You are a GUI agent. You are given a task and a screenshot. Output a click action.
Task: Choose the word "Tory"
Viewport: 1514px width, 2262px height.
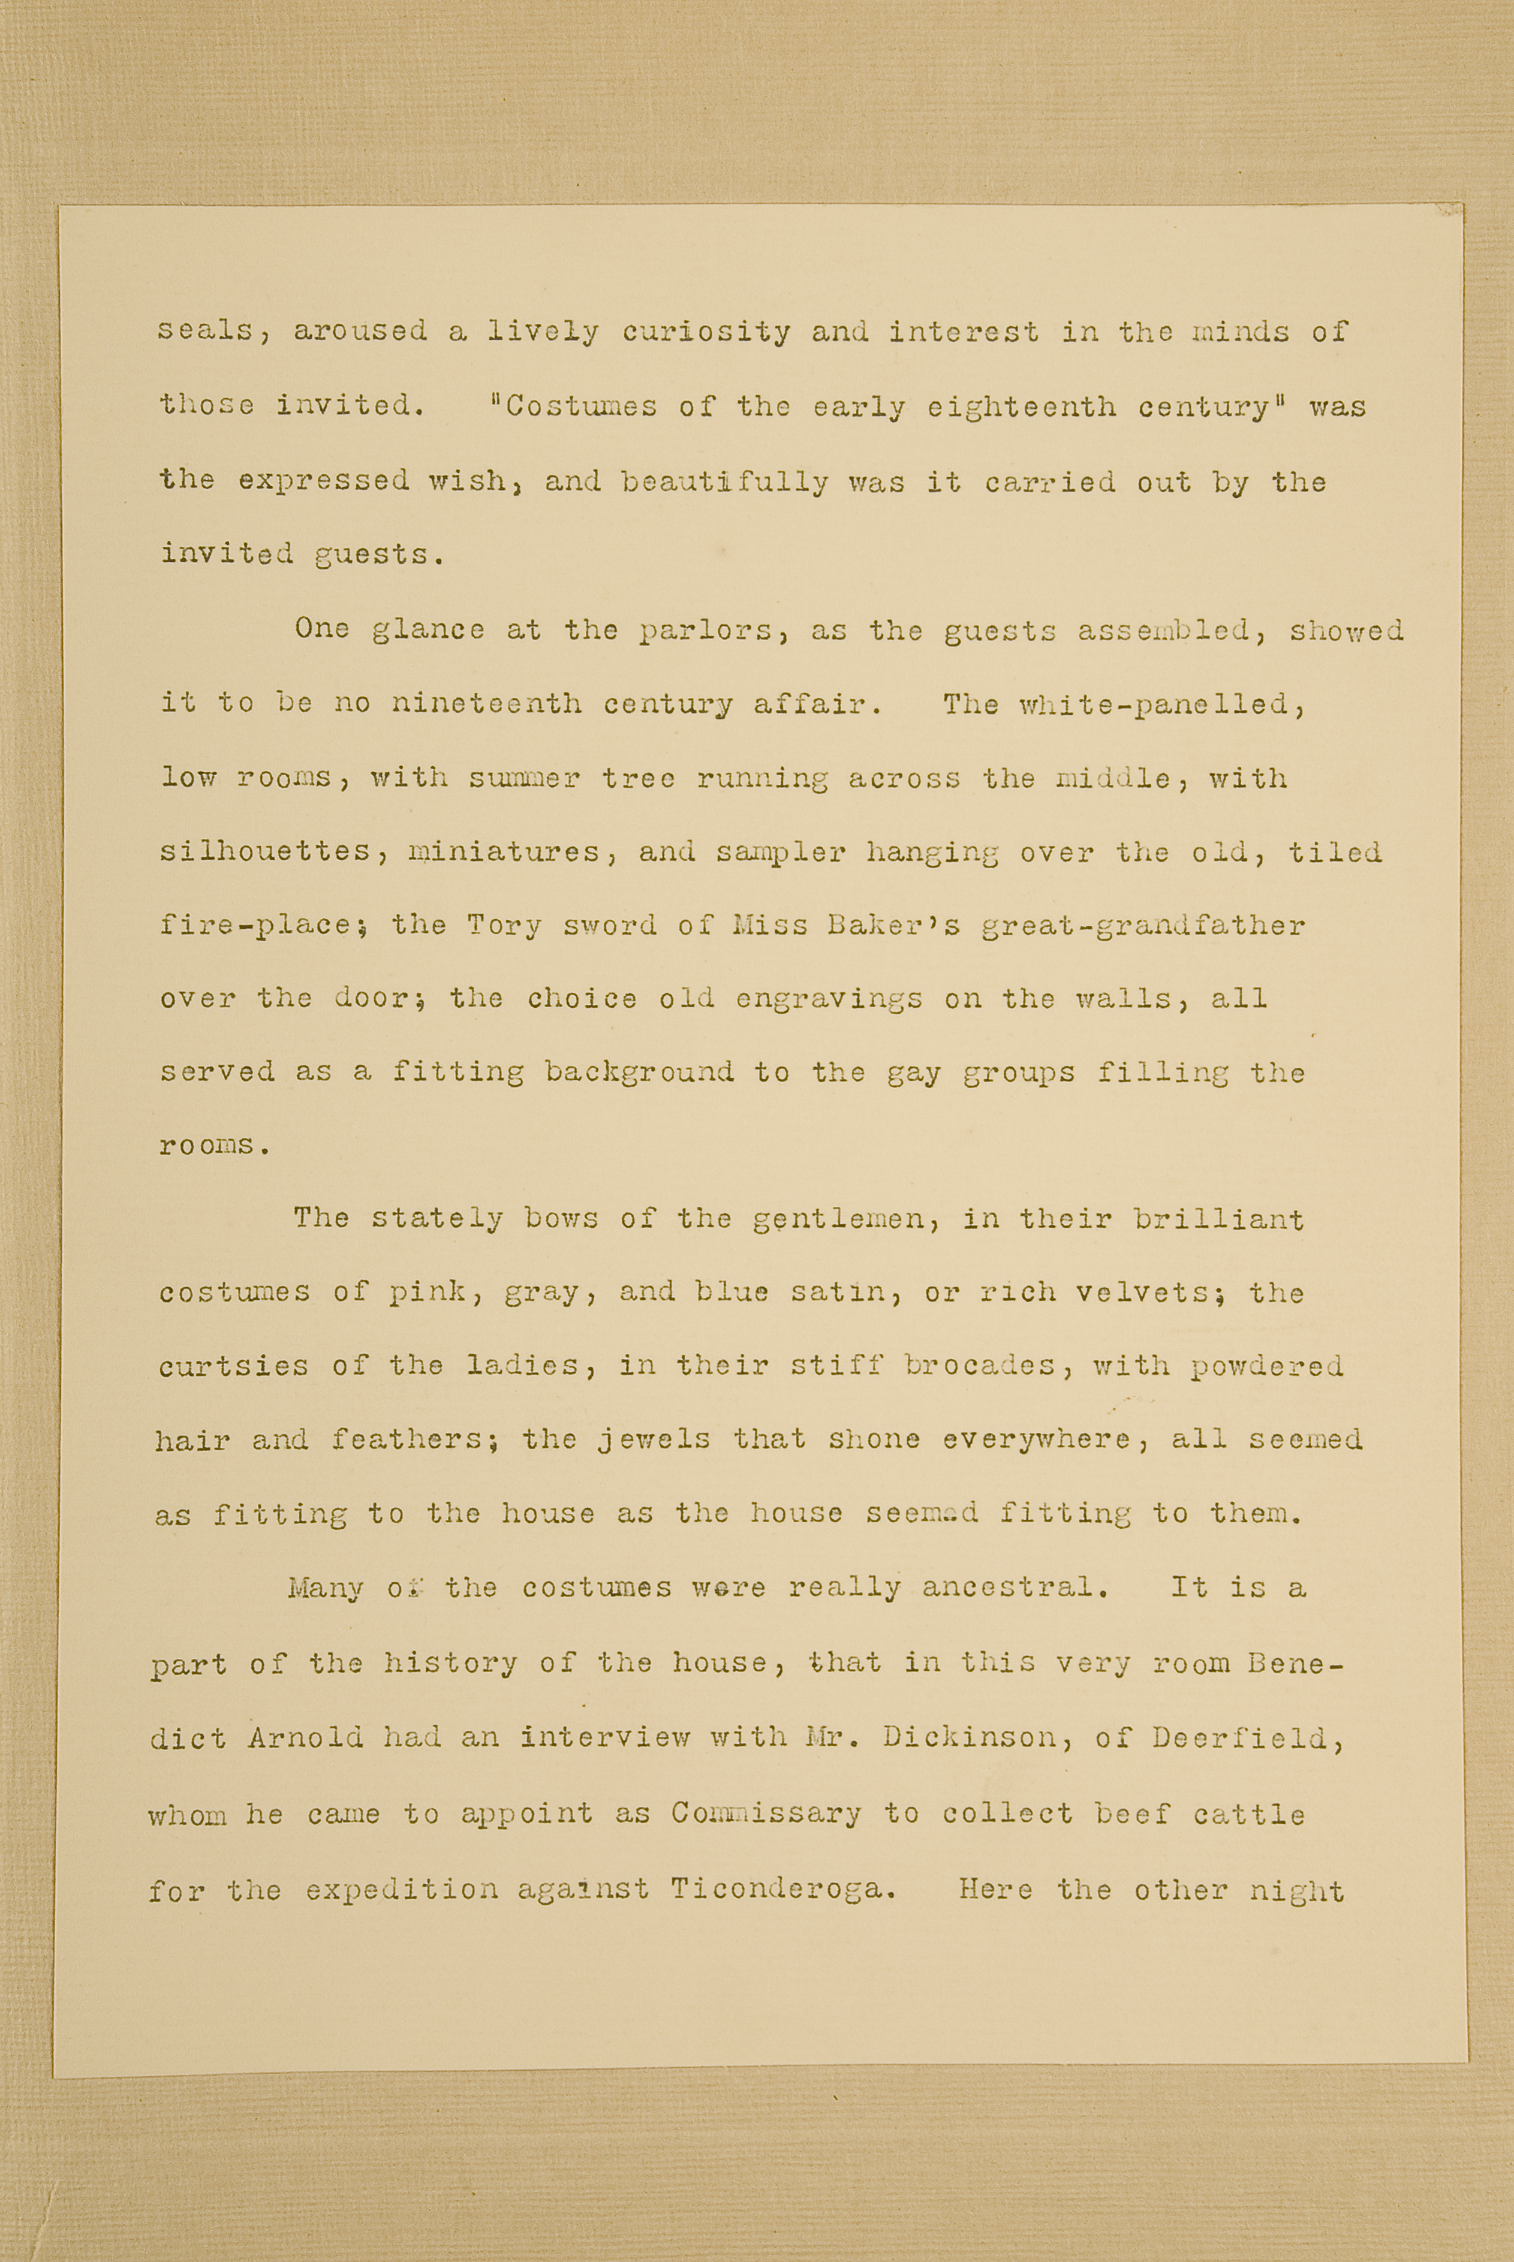(x=504, y=926)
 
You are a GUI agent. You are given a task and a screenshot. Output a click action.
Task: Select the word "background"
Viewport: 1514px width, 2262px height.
(x=638, y=1071)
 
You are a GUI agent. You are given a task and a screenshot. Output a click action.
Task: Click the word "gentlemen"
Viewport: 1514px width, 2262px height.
(x=846, y=1219)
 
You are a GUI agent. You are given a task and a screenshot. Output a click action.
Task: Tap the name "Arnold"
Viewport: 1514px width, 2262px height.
(x=305, y=1738)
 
